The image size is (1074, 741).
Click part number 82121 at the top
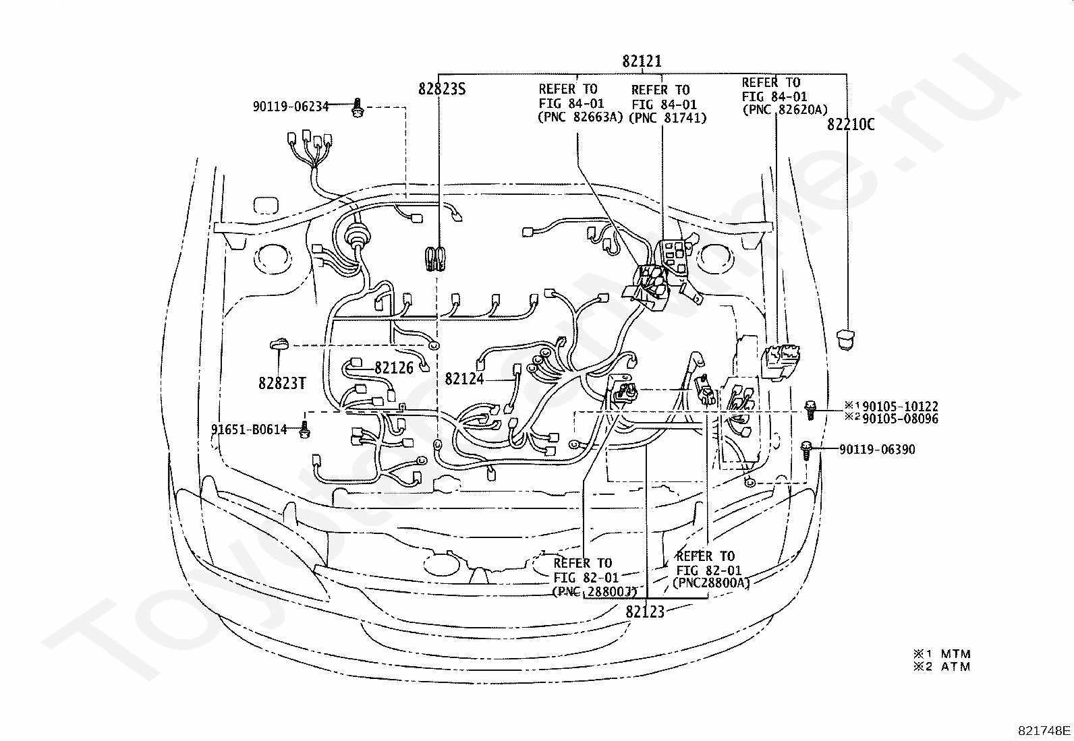[x=642, y=61]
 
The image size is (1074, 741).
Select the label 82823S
[x=442, y=89]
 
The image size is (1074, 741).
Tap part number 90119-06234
[x=291, y=107]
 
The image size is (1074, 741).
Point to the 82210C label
[x=851, y=125]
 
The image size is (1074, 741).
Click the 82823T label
[x=281, y=384]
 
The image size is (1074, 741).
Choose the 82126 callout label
[x=394, y=368]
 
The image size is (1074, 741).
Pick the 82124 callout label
[x=464, y=379]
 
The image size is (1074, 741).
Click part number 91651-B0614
[x=249, y=429]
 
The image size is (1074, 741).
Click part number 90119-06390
[x=877, y=450]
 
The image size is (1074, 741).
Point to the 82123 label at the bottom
[x=645, y=612]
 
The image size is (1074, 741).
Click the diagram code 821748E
[x=1044, y=730]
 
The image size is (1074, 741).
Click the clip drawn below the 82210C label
[x=845, y=339]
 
